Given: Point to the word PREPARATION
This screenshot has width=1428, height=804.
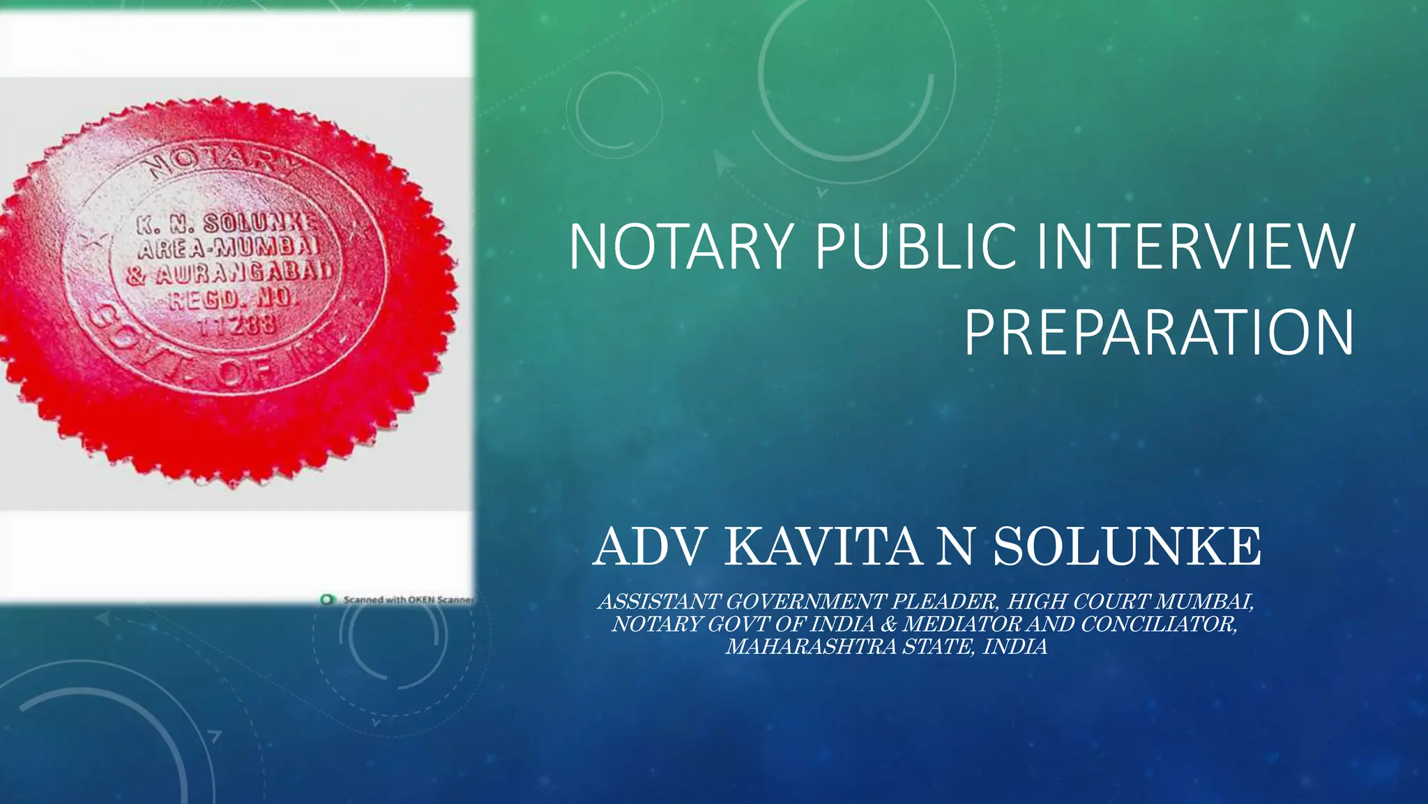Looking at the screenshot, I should (1159, 333).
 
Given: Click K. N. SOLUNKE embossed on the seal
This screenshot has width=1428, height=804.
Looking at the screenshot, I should (227, 224).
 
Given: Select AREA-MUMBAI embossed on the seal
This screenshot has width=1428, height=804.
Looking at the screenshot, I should (229, 248).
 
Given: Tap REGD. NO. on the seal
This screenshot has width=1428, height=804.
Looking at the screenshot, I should (233, 299).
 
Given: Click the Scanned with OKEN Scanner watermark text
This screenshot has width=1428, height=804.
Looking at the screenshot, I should (408, 600).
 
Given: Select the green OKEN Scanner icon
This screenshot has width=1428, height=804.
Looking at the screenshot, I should (326, 600).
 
